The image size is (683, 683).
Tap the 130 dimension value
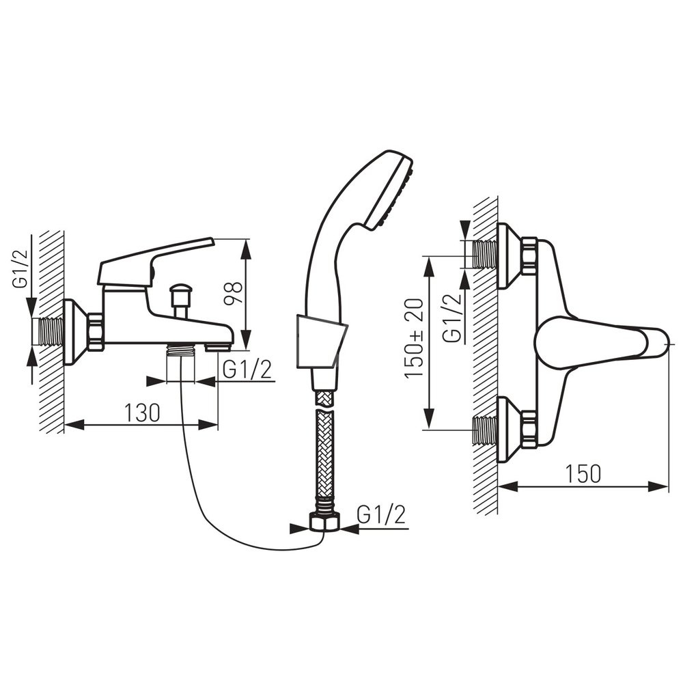coord(143,413)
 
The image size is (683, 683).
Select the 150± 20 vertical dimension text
coord(415,338)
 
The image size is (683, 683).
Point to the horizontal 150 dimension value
coord(583,473)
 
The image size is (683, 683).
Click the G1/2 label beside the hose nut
coord(381,515)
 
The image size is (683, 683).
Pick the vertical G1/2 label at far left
coord(21,268)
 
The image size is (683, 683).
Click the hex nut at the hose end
coord(324,521)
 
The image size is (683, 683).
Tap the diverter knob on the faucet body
coord(181,301)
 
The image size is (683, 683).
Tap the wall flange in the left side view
coord(76,332)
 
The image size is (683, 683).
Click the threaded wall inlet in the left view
coord(48,332)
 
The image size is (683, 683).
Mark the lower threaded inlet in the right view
coord(485,430)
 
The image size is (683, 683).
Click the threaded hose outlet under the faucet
coord(181,349)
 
